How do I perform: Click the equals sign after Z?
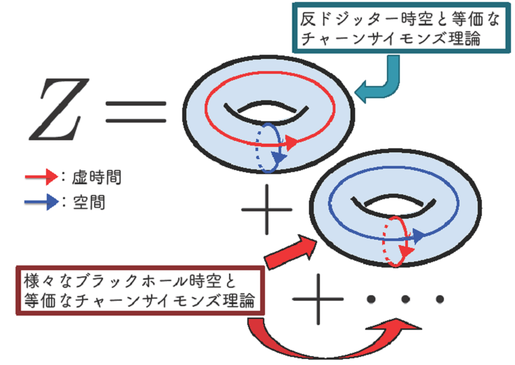coord(136,110)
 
